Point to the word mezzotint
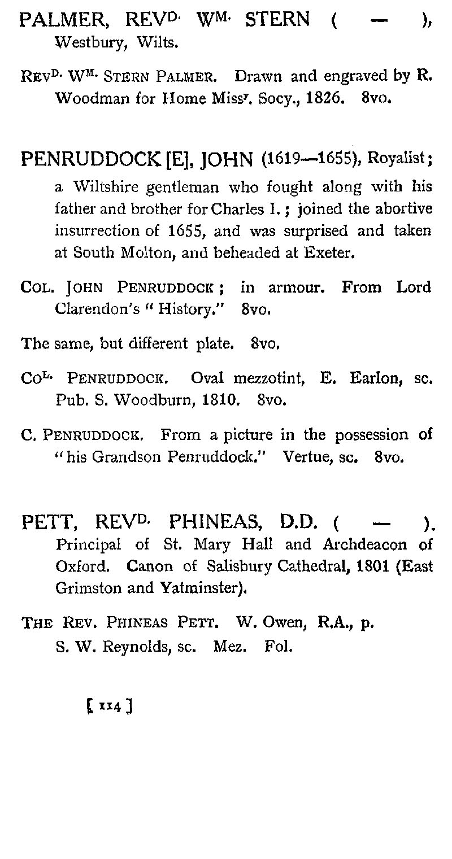coord(264,378)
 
